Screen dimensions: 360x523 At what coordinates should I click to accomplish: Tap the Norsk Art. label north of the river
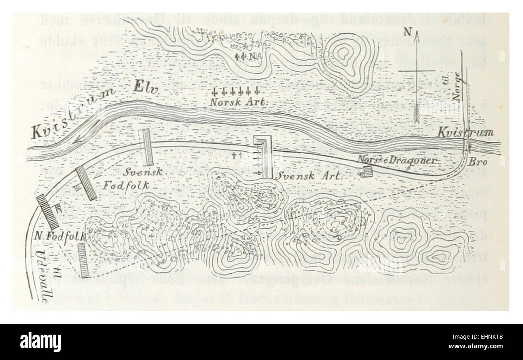point(238,102)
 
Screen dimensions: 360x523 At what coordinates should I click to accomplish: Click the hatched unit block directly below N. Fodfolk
point(83,260)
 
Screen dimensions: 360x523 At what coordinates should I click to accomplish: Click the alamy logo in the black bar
point(40,342)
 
